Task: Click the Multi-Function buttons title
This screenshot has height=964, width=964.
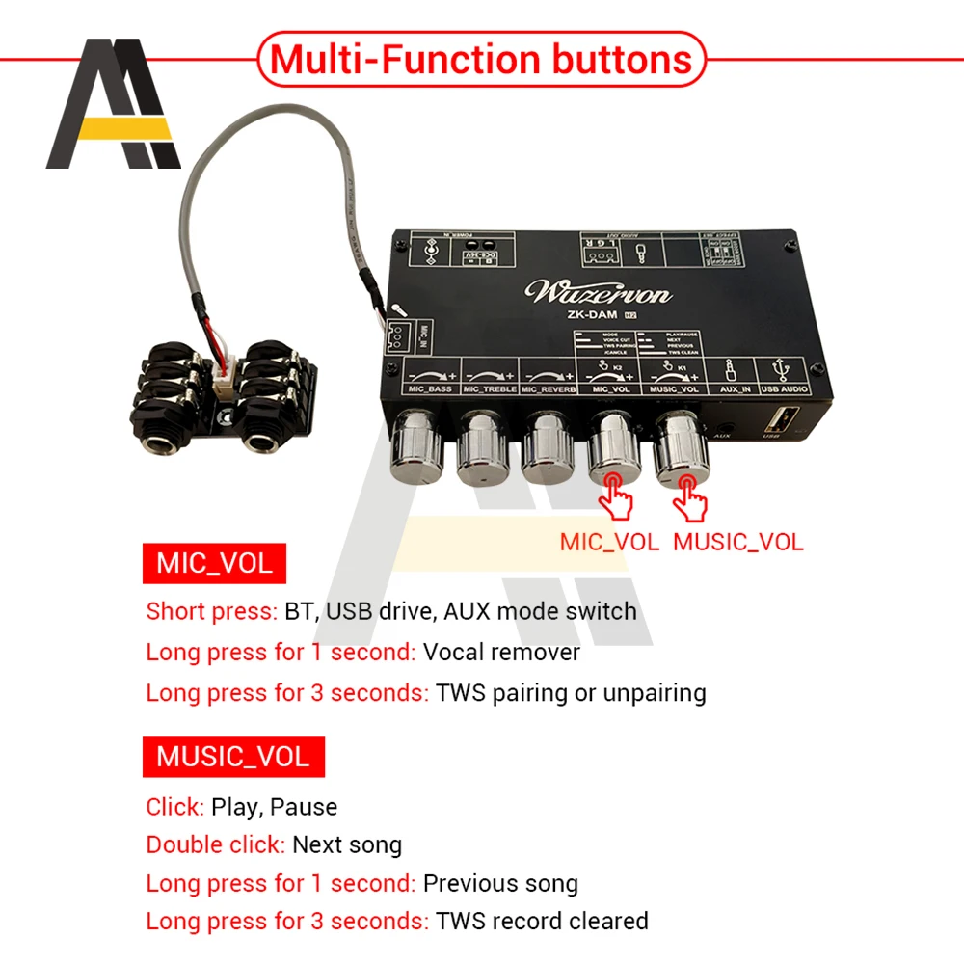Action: tap(481, 59)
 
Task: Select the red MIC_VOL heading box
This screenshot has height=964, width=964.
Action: tap(214, 563)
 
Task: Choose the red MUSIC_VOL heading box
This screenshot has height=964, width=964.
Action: tap(233, 756)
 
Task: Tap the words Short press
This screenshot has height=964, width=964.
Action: tap(211, 611)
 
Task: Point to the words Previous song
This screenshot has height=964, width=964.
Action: tap(500, 883)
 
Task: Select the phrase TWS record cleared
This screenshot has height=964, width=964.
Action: tap(542, 921)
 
